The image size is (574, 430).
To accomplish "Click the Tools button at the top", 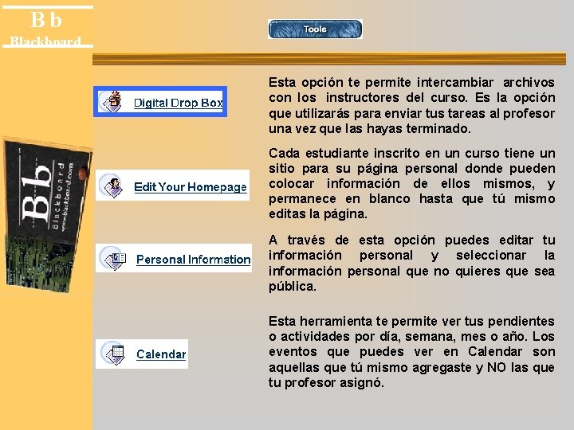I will point(315,29).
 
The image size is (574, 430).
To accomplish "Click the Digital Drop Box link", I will point(178,103).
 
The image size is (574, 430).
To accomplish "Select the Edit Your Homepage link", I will point(191,187).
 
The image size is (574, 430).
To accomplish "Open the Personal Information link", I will point(193,260).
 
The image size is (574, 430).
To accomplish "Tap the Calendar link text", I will point(161,354).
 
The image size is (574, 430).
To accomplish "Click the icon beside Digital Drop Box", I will point(115,101).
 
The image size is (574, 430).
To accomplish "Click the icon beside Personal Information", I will point(114,258).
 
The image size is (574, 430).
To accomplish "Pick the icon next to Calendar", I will point(114,354).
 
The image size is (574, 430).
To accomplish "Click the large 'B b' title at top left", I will point(46,20).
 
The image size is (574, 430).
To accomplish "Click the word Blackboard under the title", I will point(45,41).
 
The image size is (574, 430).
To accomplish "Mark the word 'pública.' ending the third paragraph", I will point(292,287).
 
